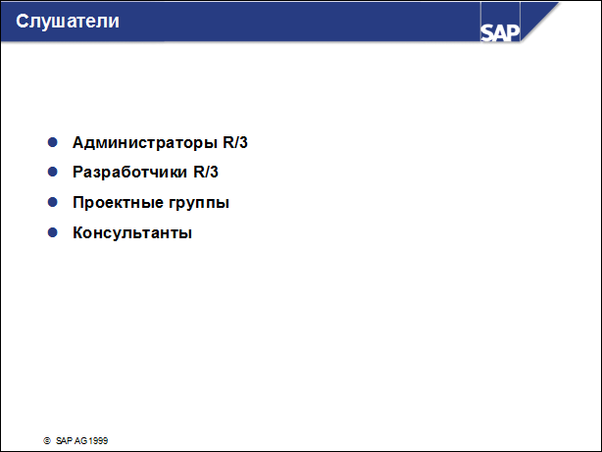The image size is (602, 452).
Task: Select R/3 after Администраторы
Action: [x=236, y=143]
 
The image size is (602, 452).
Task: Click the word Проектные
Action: [x=114, y=204]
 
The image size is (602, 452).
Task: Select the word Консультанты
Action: [x=132, y=234]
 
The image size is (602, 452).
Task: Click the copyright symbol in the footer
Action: [x=46, y=441]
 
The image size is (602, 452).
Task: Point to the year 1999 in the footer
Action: [x=97, y=441]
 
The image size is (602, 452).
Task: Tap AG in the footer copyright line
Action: [x=80, y=441]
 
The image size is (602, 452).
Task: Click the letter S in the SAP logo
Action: [x=488, y=31]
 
